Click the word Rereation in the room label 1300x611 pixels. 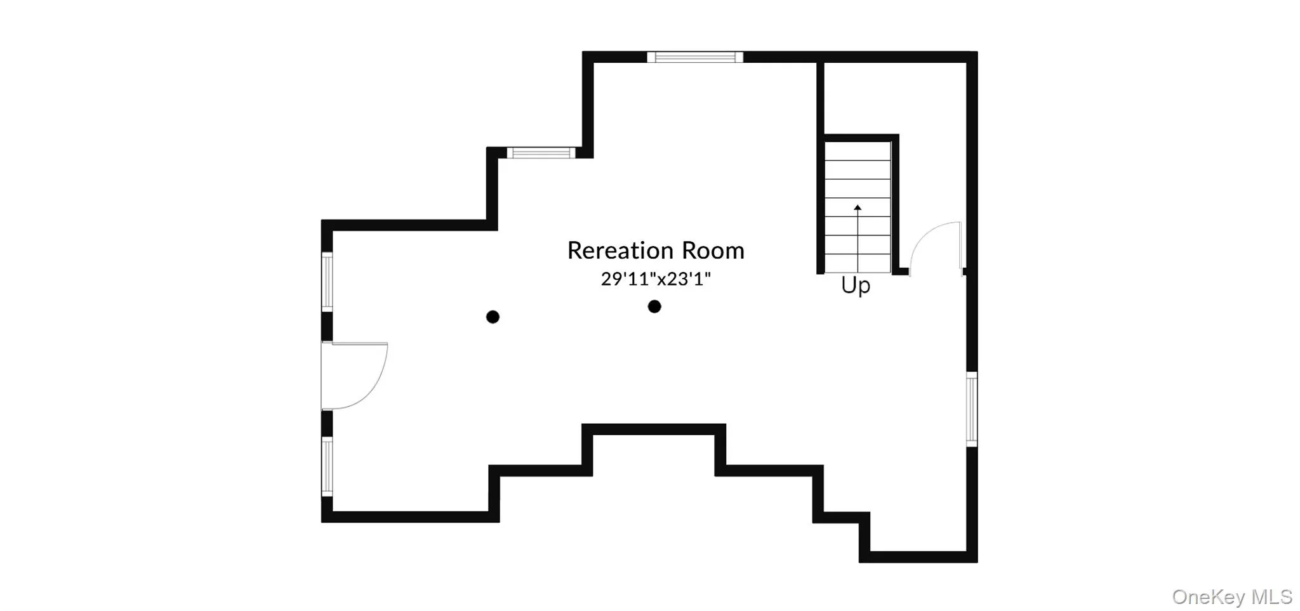tap(620, 251)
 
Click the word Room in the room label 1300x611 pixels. tap(713, 251)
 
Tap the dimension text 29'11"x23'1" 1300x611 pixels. tap(656, 279)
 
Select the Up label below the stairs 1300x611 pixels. tap(856, 286)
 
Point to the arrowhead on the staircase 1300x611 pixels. tap(858, 207)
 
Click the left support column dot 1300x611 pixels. tap(493, 317)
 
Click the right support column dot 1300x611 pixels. tap(654, 306)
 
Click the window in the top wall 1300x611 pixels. tap(695, 57)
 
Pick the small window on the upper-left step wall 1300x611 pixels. tap(541, 152)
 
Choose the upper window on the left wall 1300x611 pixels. tap(327, 282)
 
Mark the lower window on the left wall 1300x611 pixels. tap(327, 466)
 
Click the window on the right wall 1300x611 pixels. tap(972, 409)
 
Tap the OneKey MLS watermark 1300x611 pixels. tap(1231, 596)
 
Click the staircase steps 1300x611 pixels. tap(858, 207)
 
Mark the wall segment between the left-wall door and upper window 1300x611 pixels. tap(327, 327)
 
